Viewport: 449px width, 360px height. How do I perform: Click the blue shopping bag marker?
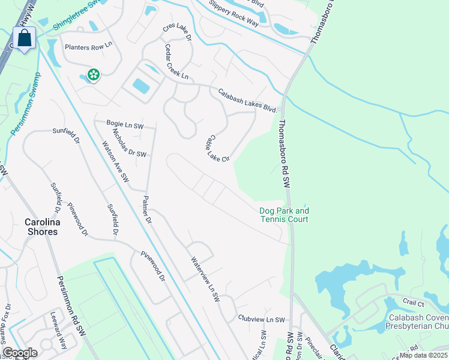pyautogui.click(x=25, y=39)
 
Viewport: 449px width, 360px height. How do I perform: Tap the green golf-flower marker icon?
pyautogui.click(x=94, y=75)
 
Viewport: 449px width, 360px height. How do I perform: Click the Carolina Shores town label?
pyautogui.click(x=41, y=227)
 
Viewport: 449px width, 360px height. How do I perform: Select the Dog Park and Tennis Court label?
pyautogui.click(x=284, y=215)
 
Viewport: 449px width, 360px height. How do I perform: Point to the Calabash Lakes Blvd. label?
pyautogui.click(x=247, y=101)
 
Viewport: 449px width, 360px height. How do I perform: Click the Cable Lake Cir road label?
pyautogui.click(x=218, y=148)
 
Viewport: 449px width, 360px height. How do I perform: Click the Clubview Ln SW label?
pyautogui.click(x=261, y=320)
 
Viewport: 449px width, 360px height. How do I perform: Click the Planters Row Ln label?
pyautogui.click(x=89, y=45)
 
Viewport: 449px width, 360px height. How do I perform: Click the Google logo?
pyautogui.click(x=20, y=353)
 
